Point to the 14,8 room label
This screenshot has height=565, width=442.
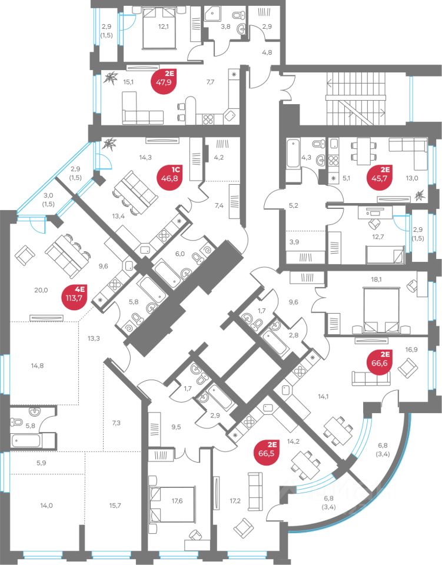pyautogui.click(x=37, y=365)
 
